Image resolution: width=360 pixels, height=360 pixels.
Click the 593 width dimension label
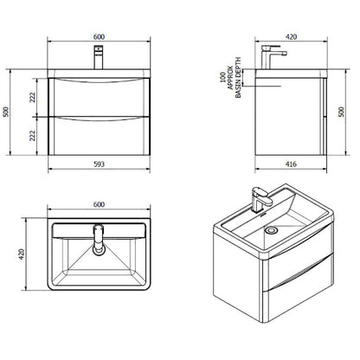(99, 164)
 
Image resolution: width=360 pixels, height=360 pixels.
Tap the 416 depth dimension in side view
(291, 164)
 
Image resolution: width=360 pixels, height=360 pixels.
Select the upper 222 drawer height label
(32, 97)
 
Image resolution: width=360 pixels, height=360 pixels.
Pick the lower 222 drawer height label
(32, 135)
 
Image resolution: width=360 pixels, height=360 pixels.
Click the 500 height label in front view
(6, 112)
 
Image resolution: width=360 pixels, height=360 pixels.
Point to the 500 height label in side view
(341, 112)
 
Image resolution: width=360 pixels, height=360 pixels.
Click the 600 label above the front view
(99, 37)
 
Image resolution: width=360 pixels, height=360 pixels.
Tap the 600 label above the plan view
(99, 204)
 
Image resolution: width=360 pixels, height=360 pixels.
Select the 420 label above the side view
(291, 37)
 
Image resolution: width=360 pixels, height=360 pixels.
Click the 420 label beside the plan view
(22, 254)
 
